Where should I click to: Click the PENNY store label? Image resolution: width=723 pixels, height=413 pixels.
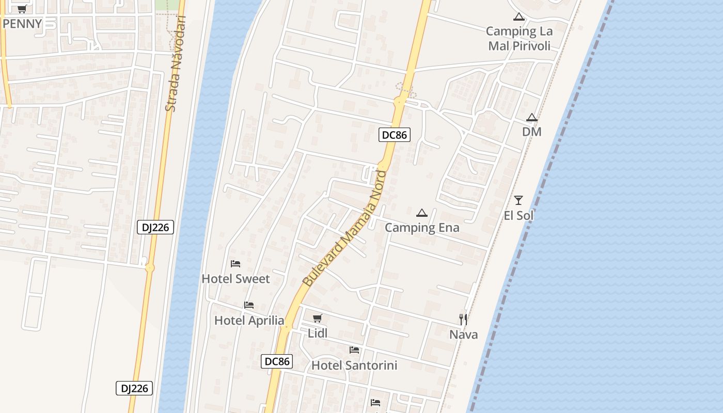[x=22, y=24]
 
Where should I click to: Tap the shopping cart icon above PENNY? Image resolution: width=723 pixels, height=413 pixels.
[x=22, y=9]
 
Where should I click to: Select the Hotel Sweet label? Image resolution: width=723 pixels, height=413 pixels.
[x=235, y=279]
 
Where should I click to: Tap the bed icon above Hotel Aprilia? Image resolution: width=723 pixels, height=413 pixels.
[x=249, y=305]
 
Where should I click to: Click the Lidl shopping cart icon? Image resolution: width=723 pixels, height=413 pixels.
[x=318, y=319]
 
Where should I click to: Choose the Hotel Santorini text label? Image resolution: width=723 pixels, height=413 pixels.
[x=354, y=366]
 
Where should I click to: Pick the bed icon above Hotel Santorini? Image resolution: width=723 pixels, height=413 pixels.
[x=354, y=350]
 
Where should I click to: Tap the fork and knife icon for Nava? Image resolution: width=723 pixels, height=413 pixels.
[x=463, y=319]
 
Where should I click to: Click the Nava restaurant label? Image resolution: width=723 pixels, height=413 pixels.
[x=463, y=335]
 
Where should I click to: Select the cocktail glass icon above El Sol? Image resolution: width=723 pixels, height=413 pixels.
[x=518, y=200]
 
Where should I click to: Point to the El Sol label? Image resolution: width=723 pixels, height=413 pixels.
[x=518, y=215]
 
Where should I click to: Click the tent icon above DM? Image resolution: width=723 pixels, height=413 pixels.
[x=532, y=117]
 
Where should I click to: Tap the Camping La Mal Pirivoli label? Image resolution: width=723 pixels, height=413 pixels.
[x=519, y=38]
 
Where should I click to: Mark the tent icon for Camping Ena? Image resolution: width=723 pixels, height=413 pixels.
[x=422, y=213]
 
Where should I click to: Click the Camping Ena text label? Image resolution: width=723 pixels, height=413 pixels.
[x=422, y=228]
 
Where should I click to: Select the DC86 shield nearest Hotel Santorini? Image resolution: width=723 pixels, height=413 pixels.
[x=277, y=361]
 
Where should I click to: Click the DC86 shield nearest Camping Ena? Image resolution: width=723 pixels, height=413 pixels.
[x=394, y=135]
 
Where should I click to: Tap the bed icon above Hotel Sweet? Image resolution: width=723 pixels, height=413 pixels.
[x=235, y=264]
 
